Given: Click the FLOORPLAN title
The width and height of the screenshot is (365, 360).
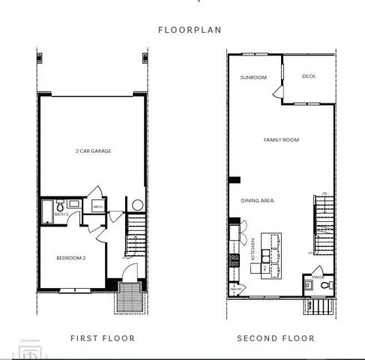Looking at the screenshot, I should [183, 31].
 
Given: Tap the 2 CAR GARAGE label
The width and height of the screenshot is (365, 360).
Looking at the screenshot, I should [94, 151].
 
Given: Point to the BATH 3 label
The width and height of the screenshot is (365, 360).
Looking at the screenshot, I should [61, 214].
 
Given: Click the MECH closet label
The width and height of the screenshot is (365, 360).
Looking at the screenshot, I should [97, 206].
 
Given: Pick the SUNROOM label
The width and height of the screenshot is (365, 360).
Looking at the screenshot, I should [253, 77].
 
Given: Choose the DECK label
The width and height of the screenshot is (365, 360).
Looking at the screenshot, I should [307, 76].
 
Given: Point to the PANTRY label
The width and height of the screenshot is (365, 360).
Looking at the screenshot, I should [235, 287].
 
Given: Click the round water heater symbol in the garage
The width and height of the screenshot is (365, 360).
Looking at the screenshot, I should [136, 205].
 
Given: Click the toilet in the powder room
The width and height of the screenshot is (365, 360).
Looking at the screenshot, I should [320, 273].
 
